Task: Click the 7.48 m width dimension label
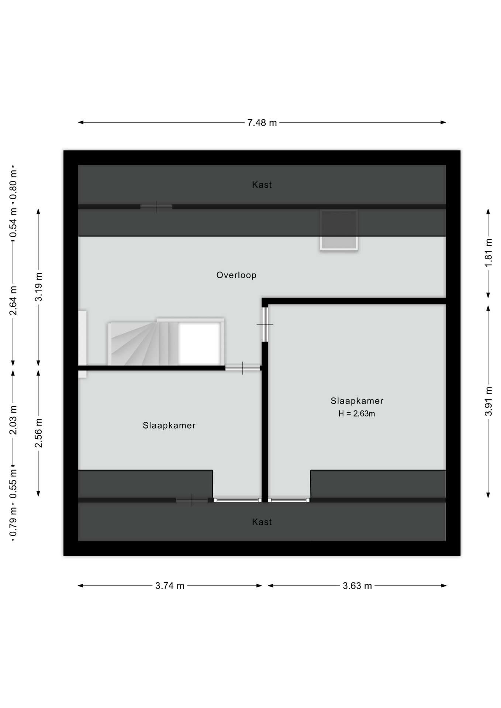262,122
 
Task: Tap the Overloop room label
236,275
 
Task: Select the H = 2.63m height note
357,414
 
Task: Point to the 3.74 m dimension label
170,586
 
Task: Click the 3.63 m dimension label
357,586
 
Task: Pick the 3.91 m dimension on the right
488,401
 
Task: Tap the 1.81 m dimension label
488,253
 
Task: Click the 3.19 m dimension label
38,287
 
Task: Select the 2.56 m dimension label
38,433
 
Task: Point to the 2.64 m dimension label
13,301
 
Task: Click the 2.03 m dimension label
13,420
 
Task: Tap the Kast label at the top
262,185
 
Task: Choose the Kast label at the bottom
262,522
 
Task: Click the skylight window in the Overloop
339,230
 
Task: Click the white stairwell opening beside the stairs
199,344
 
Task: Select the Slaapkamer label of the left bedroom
169,426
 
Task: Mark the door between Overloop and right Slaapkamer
265,324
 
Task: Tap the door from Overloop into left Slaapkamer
243,368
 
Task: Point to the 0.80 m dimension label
13,184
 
